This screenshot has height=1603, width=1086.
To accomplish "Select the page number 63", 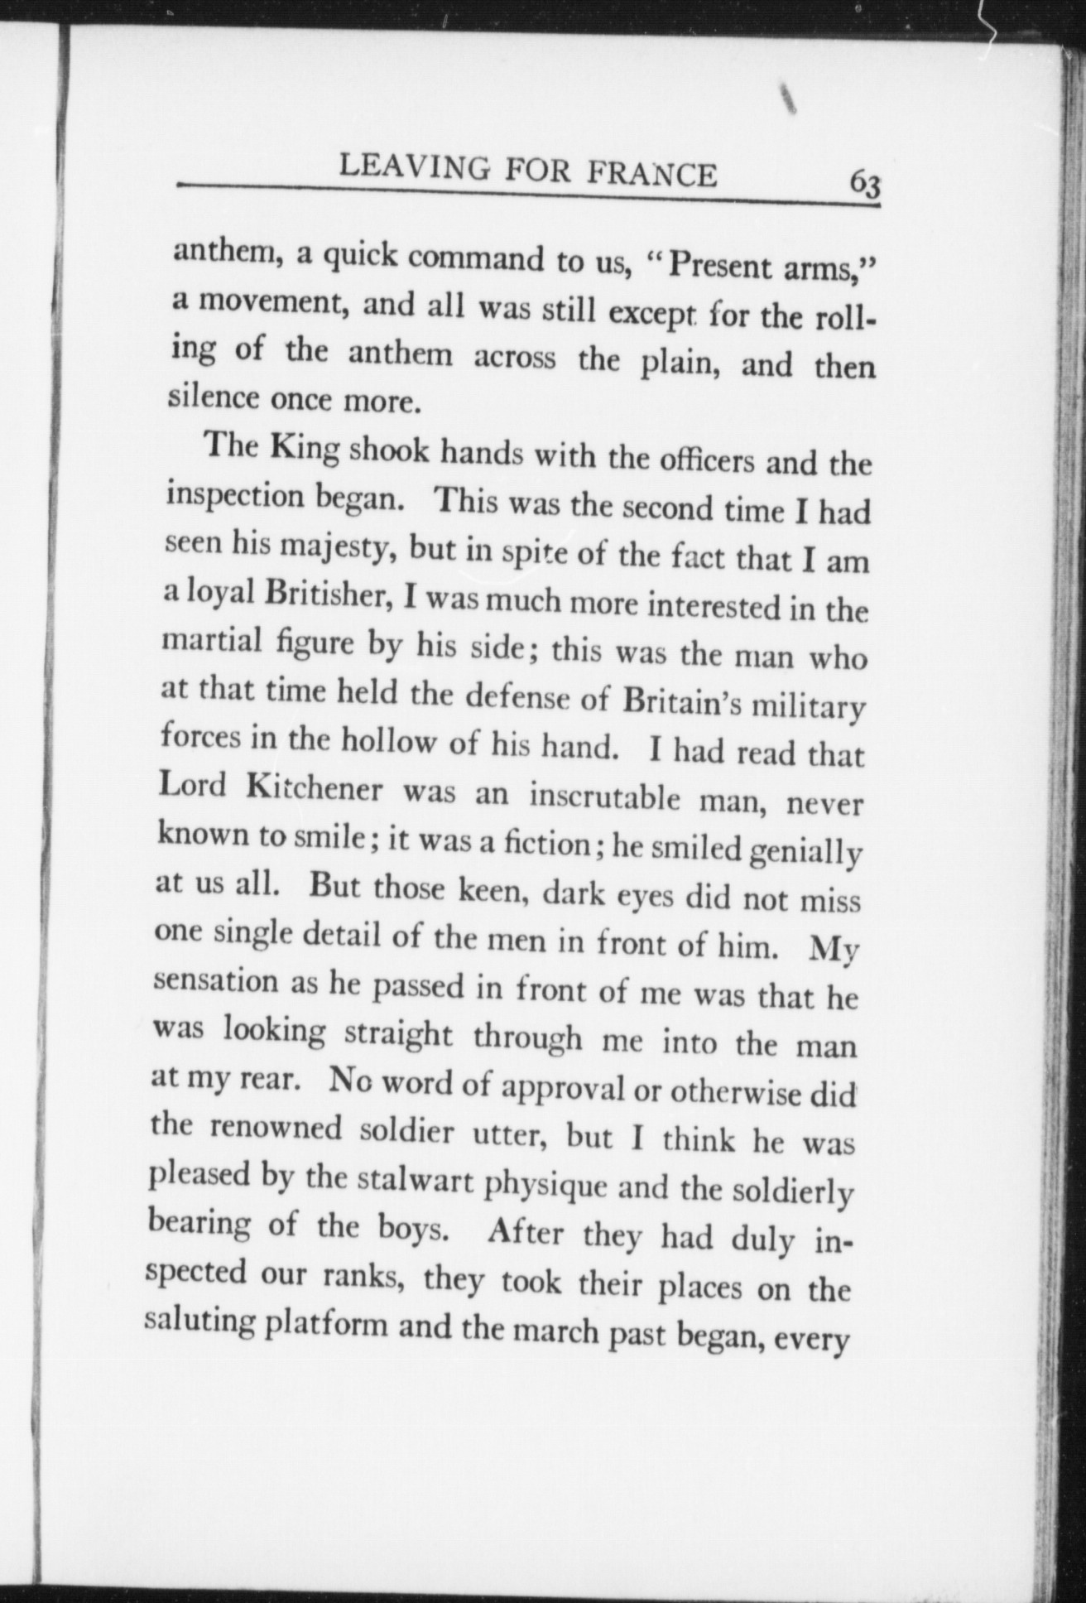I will point(864,183).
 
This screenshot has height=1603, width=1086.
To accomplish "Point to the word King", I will point(305,448).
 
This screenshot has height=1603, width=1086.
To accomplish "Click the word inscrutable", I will point(603,798).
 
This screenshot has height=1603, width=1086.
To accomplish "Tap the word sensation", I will point(217,981).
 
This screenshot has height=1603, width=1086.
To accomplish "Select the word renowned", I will point(264,1128).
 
